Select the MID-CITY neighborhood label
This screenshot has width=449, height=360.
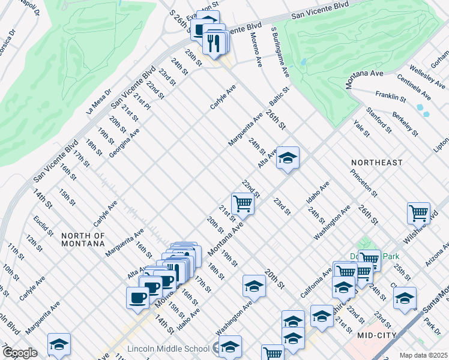point(377,335)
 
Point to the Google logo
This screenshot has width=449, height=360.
point(19,353)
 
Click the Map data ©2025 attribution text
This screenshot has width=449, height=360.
point(423,355)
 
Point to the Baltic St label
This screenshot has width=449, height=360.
point(279,96)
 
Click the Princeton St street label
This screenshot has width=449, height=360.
point(364,183)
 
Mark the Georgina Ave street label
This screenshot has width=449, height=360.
point(124,143)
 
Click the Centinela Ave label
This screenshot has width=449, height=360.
point(414,88)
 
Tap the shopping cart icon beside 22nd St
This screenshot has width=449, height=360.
point(243,203)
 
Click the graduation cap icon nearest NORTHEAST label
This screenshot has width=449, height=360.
point(288,158)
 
